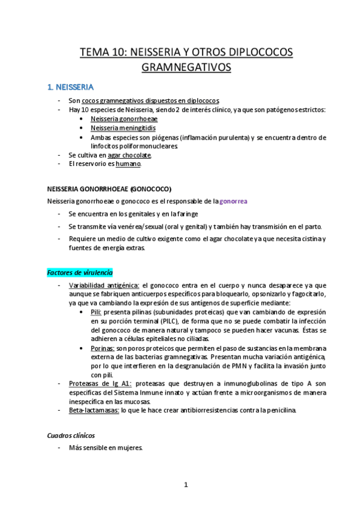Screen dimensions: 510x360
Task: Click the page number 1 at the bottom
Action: click(186, 484)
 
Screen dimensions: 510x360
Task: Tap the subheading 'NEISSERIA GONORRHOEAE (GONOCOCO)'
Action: click(109, 188)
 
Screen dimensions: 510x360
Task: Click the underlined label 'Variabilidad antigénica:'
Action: click(104, 285)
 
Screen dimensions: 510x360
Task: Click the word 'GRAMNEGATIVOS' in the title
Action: click(186, 68)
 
